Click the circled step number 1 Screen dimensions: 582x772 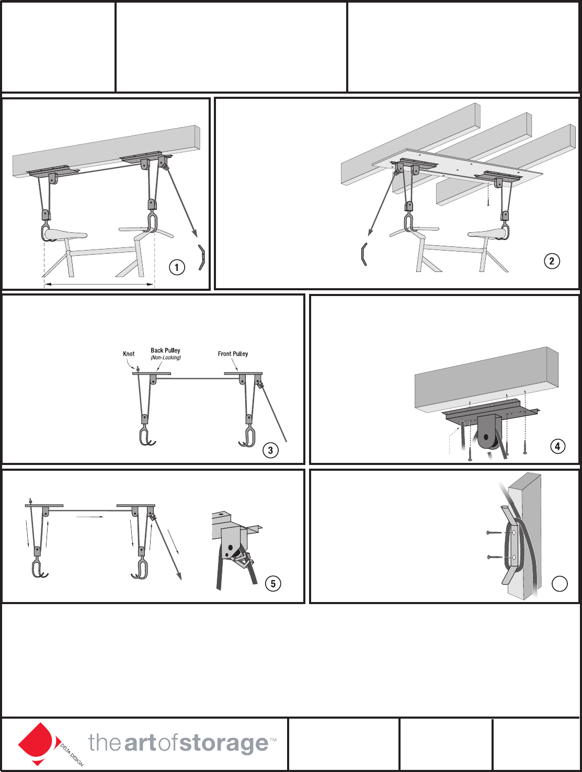click(177, 267)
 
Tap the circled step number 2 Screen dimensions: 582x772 click(551, 261)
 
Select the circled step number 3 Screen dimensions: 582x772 click(270, 450)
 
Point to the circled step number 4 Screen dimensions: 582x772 click(558, 447)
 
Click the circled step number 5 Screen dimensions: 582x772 click(273, 584)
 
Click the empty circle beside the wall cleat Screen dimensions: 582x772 click(560, 584)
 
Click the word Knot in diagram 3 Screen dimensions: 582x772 click(129, 354)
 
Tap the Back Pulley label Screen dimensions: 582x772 click(165, 350)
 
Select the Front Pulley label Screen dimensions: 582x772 click(233, 354)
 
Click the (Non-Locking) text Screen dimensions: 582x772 click(166, 358)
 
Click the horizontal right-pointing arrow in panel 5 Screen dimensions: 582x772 click(90, 517)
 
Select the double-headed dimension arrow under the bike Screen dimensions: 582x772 click(99, 285)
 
